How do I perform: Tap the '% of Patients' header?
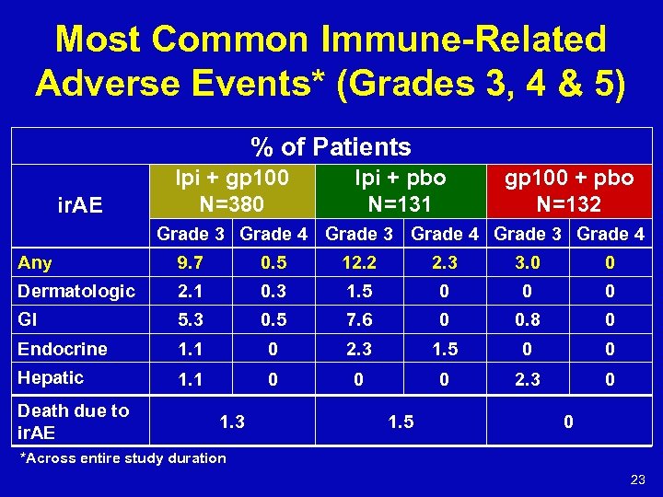(x=331, y=146)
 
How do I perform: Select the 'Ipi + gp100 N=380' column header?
(x=232, y=190)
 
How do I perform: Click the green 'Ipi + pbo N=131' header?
(x=400, y=190)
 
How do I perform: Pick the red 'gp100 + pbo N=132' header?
(x=567, y=190)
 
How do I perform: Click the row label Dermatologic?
(x=76, y=291)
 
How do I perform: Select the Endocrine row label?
(x=63, y=349)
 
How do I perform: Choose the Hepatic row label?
(x=51, y=377)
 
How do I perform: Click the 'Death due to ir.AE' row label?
(x=74, y=421)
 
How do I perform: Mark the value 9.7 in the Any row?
(x=191, y=263)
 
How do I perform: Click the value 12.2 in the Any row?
(x=358, y=263)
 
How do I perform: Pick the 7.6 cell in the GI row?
(x=358, y=320)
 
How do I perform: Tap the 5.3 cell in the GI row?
(x=191, y=320)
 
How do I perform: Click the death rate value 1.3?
(x=232, y=422)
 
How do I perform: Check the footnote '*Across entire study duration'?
(x=122, y=458)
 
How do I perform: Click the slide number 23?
(x=637, y=479)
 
